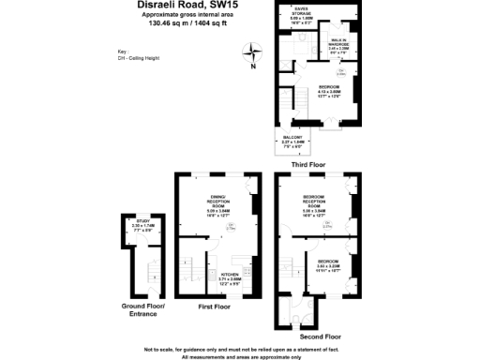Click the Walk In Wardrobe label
[x=339, y=44]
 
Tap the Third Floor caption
[x=308, y=164]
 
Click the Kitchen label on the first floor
[x=230, y=277]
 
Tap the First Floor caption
[x=216, y=307]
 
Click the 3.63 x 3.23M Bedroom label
[x=327, y=263]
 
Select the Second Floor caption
[x=321, y=335]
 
